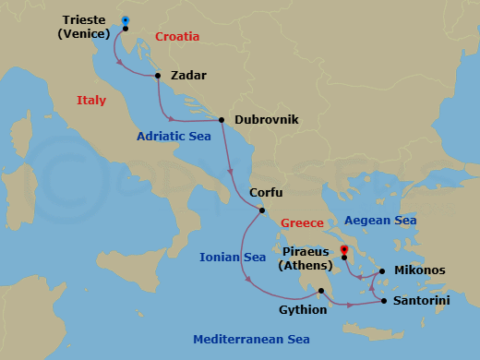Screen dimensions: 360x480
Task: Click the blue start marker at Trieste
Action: pyautogui.click(x=126, y=19)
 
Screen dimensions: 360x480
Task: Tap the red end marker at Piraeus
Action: pyautogui.click(x=343, y=249)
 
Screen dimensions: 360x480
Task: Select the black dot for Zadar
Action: pyautogui.click(x=158, y=76)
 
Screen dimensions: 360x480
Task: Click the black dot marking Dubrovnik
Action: pyautogui.click(x=222, y=119)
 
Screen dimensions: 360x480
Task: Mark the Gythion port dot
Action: pyautogui.click(x=320, y=292)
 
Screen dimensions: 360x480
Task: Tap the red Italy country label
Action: pyautogui.click(x=91, y=100)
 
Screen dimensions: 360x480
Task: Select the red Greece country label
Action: pyautogui.click(x=302, y=223)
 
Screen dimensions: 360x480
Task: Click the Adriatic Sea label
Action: pyautogui.click(x=174, y=135)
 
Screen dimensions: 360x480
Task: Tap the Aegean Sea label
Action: pyautogui.click(x=380, y=221)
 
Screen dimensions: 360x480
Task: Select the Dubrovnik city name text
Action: pyautogui.click(x=267, y=119)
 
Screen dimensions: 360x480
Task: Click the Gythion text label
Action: pyautogui.click(x=303, y=309)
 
